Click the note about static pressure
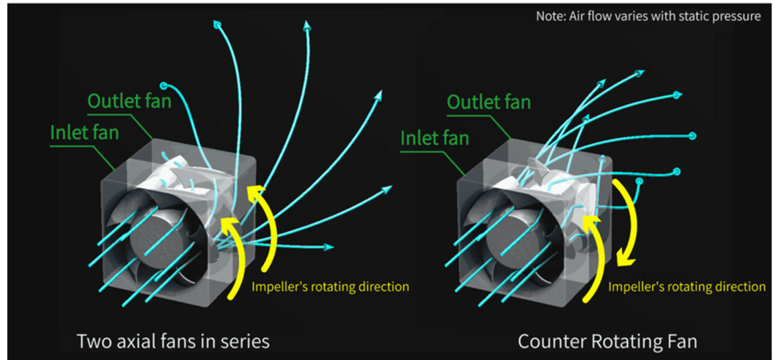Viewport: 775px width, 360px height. [648, 16]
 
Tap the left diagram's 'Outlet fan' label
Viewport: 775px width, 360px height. [129, 100]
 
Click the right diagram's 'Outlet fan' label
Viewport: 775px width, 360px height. [489, 102]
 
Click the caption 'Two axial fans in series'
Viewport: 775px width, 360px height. [173, 340]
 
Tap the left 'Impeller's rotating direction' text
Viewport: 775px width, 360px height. [330, 287]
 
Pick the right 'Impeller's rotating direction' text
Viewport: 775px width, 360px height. [687, 287]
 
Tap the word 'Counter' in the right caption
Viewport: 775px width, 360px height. [548, 340]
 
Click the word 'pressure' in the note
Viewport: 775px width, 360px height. [734, 16]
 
